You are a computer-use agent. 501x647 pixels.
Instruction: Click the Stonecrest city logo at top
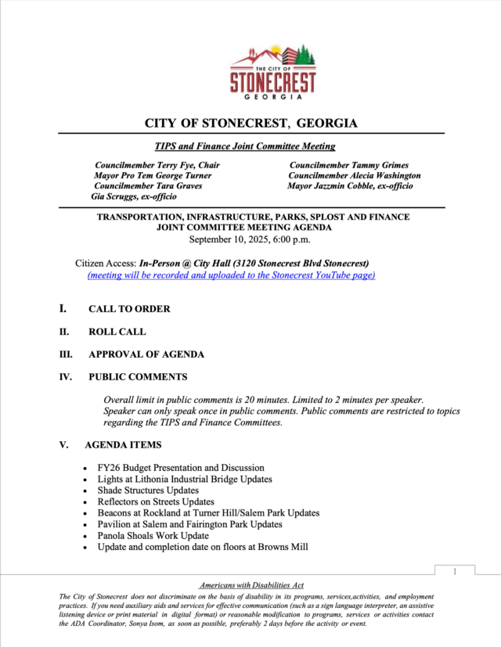pyautogui.click(x=273, y=73)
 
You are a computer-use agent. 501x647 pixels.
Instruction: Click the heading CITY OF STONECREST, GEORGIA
pyautogui.click(x=250, y=124)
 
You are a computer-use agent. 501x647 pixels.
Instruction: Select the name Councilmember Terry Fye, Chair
pyautogui.click(x=157, y=165)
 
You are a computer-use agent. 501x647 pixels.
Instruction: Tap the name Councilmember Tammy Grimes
pyautogui.click(x=344, y=165)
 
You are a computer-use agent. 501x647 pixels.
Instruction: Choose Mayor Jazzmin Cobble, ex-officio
pyautogui.click(x=350, y=186)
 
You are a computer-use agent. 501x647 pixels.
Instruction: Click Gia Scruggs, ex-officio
pyautogui.click(x=134, y=197)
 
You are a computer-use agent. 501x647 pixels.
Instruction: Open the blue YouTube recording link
pyautogui.click(x=231, y=275)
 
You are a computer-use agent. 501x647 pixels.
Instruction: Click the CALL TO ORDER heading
pyautogui.click(x=129, y=309)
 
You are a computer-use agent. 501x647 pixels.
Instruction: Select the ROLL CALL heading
pyautogui.click(x=117, y=332)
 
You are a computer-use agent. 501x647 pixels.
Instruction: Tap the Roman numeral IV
pyautogui.click(x=66, y=377)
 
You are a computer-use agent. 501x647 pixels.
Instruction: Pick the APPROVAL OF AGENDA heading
pyautogui.click(x=146, y=354)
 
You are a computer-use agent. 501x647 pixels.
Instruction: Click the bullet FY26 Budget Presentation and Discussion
pyautogui.click(x=181, y=468)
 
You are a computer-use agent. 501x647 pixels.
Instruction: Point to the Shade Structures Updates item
pyautogui.click(x=148, y=491)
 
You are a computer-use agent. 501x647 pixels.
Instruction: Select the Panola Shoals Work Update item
pyautogui.click(x=153, y=536)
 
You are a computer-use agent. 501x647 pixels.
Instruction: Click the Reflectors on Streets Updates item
pyautogui.click(x=156, y=501)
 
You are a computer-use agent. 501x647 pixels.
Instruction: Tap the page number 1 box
pyautogui.click(x=455, y=572)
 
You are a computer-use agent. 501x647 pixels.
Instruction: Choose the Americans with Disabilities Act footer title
pyautogui.click(x=250, y=585)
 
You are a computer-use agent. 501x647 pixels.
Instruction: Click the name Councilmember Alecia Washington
pyautogui.click(x=354, y=176)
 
